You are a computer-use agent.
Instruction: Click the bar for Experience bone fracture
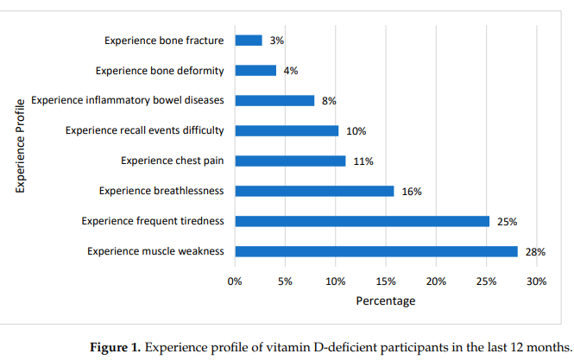coord(249,41)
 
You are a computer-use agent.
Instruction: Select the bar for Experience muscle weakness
coord(376,251)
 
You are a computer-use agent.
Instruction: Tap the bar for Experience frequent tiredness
coord(362,221)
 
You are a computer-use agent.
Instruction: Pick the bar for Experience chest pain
coord(290,161)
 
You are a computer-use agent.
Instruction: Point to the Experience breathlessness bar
coord(314,191)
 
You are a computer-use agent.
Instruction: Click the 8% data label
coord(329,101)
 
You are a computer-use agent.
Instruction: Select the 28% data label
coord(535,252)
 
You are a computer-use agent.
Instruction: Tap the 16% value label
coord(412,192)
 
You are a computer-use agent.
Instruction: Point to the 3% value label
coord(277,41)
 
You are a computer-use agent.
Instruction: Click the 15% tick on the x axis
coord(386,281)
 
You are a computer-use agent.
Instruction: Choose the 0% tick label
coord(235,281)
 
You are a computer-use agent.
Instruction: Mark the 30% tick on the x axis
coord(537,281)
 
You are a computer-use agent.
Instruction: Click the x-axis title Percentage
coord(386,300)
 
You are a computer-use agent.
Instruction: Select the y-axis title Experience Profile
coord(20,146)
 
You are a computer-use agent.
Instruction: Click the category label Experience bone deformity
coord(160,70)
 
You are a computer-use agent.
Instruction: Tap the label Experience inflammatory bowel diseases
coord(128,100)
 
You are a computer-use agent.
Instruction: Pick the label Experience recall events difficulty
coord(145,130)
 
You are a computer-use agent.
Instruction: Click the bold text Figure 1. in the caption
coord(116,347)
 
